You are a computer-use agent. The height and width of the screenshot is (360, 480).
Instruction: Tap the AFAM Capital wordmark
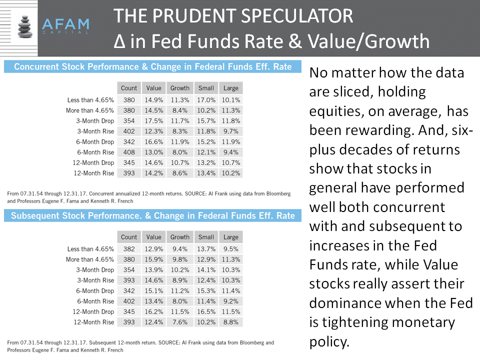pos(65,25)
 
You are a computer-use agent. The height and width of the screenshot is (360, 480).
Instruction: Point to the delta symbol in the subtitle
pos(119,41)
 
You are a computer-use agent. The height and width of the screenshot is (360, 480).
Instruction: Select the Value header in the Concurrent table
pos(153,88)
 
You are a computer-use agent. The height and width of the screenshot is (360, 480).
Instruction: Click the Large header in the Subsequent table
pos(231,237)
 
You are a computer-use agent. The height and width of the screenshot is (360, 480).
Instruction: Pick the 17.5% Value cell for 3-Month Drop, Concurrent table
pos(153,121)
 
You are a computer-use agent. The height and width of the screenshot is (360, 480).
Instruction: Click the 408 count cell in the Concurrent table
pos(129,152)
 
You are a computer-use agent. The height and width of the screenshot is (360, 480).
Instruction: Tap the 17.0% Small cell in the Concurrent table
pos(206,100)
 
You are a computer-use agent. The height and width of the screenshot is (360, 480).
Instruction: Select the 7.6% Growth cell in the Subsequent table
pos(179,322)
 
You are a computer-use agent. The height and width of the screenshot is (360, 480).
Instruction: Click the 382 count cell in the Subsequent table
pos(129,249)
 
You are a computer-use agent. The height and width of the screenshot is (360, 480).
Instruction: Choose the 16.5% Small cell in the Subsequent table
pos(206,312)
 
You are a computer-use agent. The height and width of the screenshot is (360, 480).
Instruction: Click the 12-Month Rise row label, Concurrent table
pos(94,173)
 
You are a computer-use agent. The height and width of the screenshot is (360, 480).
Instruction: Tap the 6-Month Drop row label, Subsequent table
pos(95,291)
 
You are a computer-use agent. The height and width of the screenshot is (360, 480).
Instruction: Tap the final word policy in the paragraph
pos(329,342)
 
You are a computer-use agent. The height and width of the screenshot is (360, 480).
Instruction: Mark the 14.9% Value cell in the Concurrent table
pos(153,100)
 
